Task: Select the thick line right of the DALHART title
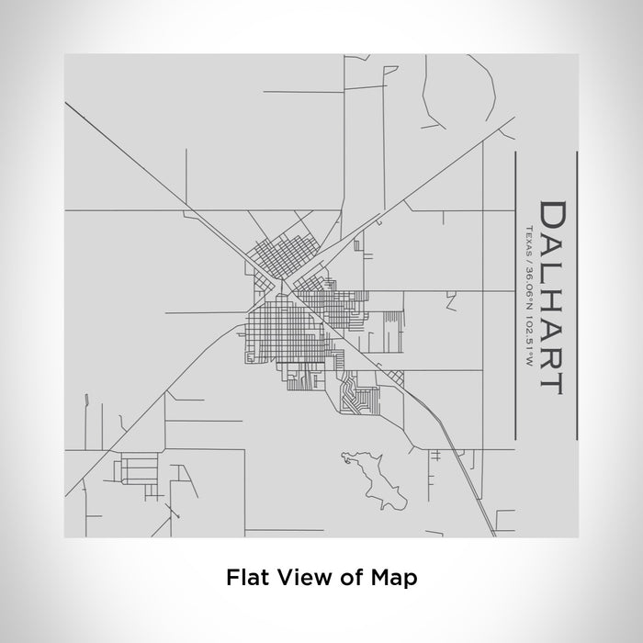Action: [575, 293]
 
